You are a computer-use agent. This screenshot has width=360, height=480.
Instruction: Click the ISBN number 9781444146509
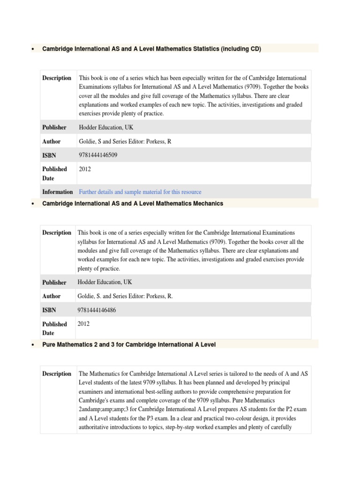pos(99,155)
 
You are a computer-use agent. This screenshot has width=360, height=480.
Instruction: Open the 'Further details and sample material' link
pos(140,192)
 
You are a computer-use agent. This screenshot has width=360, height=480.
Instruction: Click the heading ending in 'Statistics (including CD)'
pos(151,48)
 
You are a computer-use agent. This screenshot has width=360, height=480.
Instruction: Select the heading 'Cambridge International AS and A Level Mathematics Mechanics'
pos(133,203)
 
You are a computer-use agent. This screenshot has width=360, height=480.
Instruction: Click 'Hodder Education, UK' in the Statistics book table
pos(106,127)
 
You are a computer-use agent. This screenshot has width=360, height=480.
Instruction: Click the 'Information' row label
pos(57,192)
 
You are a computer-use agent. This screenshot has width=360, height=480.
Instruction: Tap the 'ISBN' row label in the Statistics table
pos(50,155)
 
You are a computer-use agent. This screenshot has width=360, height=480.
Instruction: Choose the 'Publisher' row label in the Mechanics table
pos(54,282)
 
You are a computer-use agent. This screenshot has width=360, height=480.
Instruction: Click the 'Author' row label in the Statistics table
pos(51,141)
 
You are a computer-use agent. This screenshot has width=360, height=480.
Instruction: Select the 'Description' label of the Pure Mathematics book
pos(57,374)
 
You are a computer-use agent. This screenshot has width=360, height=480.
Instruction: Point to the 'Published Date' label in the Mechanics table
pos(54,328)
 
